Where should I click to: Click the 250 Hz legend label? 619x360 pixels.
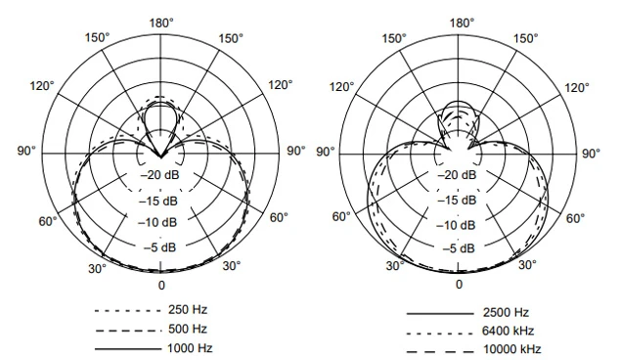187,309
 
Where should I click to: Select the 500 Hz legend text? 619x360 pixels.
187,329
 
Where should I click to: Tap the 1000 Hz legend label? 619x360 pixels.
190,348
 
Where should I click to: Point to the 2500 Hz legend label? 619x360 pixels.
506,312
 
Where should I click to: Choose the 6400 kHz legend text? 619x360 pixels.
509,331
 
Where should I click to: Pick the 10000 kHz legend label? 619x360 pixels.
512,349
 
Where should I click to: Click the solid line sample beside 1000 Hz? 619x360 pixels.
126,348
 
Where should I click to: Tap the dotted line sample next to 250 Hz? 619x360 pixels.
126,310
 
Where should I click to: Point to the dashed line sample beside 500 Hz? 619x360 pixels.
126,330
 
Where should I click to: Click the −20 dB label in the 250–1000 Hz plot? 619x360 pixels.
161,176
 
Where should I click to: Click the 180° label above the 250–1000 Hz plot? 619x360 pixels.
161,22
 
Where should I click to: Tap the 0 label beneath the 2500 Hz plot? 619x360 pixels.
460,285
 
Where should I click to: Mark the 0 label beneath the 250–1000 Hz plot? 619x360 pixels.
161,285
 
